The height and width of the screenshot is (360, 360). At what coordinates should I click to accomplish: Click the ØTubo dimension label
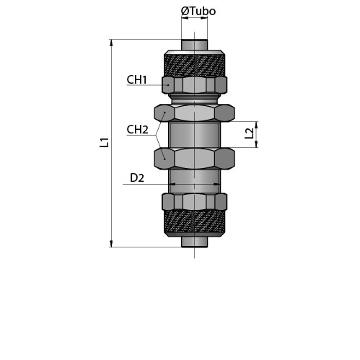click(198, 12)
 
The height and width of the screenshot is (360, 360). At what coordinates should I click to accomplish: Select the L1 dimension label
click(105, 142)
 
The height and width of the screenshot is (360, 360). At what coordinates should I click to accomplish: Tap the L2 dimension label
click(249, 133)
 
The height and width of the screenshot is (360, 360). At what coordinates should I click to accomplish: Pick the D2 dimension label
click(137, 178)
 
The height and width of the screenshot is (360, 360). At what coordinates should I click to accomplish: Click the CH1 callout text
click(136, 80)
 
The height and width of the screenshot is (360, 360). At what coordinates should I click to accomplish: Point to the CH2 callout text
click(137, 130)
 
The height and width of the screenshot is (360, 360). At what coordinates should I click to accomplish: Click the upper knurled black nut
click(195, 63)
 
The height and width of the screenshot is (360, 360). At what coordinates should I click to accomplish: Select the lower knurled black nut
click(195, 223)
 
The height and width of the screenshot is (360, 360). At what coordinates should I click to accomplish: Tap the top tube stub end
click(194, 45)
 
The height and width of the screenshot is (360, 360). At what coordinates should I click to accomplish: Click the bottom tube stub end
click(194, 242)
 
